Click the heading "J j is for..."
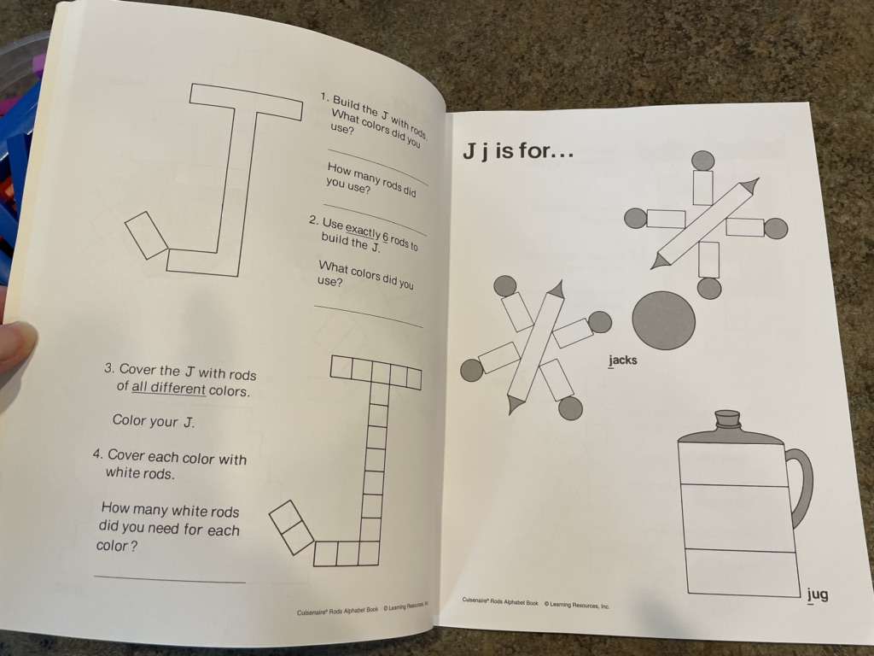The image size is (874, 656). pos(518,150)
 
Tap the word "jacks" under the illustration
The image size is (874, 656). pos(622,360)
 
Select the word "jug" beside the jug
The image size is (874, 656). pos(818,595)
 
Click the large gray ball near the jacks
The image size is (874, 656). pos(664,321)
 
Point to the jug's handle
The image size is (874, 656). pos(801,486)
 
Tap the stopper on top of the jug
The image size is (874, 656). pos(728,419)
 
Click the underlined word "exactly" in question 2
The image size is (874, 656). pos(363,231)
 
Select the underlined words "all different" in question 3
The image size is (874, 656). pos(168,389)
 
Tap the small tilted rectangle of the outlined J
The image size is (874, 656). pos(146,236)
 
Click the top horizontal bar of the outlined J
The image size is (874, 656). pos(246,102)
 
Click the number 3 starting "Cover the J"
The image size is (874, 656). pos(108,369)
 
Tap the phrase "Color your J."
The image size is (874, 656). pos(154,420)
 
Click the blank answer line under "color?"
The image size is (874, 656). pos(170,579)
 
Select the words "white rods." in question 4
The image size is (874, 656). pos(140,473)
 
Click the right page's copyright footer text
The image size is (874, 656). pos(536,603)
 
